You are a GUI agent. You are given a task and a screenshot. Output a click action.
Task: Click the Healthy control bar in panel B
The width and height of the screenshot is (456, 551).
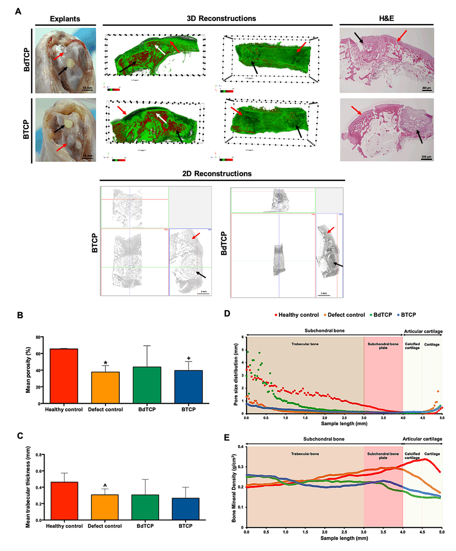[64, 376]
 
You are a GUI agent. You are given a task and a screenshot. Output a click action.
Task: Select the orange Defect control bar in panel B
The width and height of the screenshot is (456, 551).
[105, 387]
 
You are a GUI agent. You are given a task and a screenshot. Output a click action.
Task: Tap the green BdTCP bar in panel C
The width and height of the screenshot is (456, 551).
[145, 507]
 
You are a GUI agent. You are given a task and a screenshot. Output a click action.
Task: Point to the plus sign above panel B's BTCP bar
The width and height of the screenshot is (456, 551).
[188, 358]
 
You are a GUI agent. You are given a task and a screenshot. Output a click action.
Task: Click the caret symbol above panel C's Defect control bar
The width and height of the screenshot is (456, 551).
[105, 485]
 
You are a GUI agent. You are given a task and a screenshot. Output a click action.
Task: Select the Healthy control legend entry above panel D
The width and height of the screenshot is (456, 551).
[296, 315]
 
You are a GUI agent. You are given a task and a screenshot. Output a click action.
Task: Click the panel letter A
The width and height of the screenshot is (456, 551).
[18, 12]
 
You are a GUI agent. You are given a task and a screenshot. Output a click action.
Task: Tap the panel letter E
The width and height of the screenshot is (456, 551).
[227, 438]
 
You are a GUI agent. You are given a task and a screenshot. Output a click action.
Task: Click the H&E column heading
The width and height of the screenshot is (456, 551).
[386, 18]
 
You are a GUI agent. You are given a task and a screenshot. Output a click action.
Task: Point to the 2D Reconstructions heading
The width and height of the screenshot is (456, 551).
[217, 174]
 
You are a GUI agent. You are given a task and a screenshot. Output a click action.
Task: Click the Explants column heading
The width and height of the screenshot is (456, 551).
[65, 19]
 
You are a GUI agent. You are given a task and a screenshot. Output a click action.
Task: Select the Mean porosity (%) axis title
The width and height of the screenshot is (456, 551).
[28, 370]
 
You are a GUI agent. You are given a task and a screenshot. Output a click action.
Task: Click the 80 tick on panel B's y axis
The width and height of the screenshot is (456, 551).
[38, 337]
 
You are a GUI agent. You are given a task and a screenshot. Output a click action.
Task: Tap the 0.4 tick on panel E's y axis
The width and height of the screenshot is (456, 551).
[241, 447]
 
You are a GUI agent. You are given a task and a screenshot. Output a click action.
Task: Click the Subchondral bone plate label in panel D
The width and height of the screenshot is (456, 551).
[383, 346]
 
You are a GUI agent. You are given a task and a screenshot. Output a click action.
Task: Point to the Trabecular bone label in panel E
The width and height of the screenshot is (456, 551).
[305, 454]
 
